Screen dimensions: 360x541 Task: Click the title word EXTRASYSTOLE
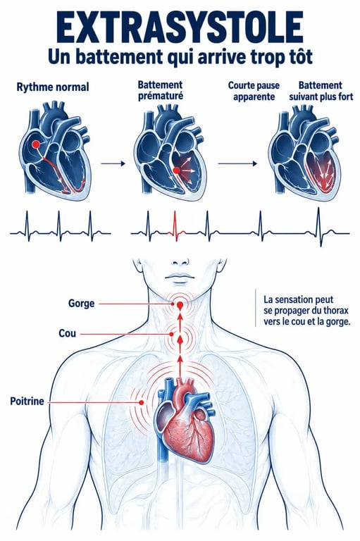click(x=180, y=27)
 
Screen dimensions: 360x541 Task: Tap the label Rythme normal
click(x=53, y=87)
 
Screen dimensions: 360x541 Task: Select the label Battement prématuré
click(x=161, y=90)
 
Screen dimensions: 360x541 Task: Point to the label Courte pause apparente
click(x=254, y=91)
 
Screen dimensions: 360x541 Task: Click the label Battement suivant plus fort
click(x=321, y=91)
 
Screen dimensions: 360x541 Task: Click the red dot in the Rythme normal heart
click(x=35, y=144)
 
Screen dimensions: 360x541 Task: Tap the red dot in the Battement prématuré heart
click(x=176, y=170)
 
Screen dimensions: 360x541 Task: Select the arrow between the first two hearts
click(x=113, y=163)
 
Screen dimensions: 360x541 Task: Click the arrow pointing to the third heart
click(x=238, y=163)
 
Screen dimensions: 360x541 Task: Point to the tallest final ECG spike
click(x=318, y=227)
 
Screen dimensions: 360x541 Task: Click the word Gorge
click(x=81, y=304)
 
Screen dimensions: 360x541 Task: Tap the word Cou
click(x=68, y=334)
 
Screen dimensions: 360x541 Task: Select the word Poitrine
click(x=27, y=402)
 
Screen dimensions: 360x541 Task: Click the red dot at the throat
click(x=180, y=305)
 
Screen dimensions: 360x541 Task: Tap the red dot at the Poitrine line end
click(x=141, y=402)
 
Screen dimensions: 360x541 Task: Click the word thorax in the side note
click(x=336, y=311)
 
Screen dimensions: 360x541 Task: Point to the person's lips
click(x=180, y=277)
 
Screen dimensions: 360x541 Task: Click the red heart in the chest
click(x=187, y=421)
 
